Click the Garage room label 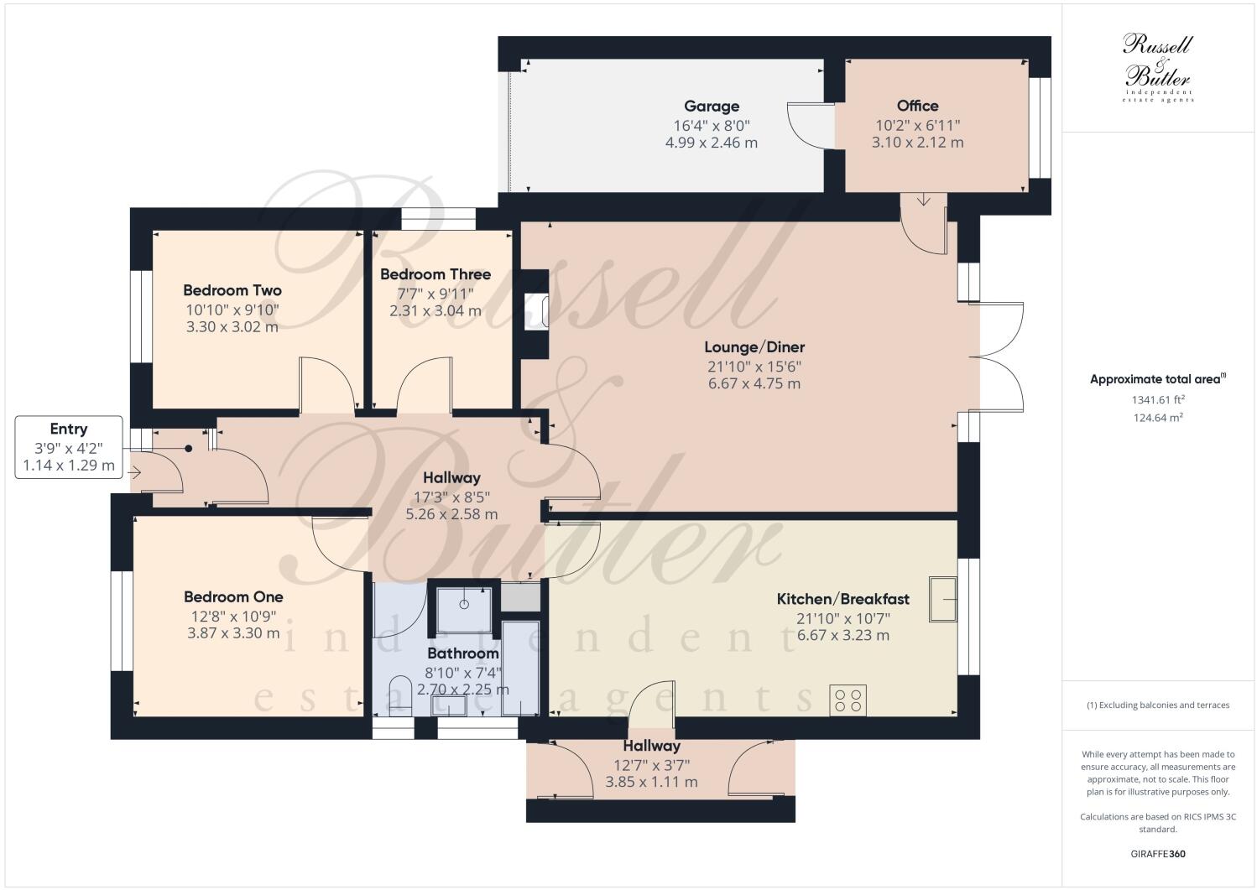pos(712,107)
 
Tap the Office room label pos(917,106)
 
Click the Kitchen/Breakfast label pos(842,599)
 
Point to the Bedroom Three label pos(435,274)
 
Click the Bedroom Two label pos(232,290)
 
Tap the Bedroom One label pos(233,597)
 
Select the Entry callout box pos(69,447)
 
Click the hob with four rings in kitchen pos(848,700)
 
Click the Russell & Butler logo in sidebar pos(1157,67)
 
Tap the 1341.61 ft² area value pos(1157,399)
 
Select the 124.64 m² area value pos(1157,417)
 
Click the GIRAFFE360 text pos(1157,855)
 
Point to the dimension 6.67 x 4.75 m pos(754,384)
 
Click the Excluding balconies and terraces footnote pos(1157,705)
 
